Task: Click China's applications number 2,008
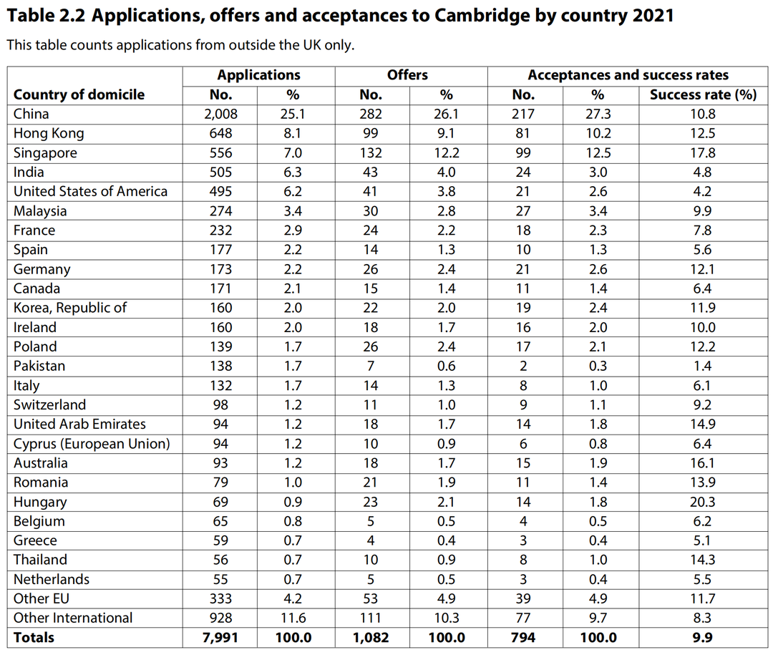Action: click(x=221, y=114)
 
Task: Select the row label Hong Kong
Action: click(x=49, y=133)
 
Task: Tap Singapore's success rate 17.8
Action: click(x=702, y=152)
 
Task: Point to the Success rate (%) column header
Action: click(x=703, y=94)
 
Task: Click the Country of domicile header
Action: click(x=79, y=94)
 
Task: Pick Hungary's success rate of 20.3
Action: click(x=702, y=502)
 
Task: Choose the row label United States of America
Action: click(x=90, y=191)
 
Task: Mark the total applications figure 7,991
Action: click(x=221, y=637)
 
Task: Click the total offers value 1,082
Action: click(x=371, y=637)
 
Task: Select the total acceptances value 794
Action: click(x=523, y=637)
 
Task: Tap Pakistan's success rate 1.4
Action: click(x=702, y=366)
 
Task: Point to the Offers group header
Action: click(x=407, y=75)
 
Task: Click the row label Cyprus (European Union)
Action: click(x=92, y=444)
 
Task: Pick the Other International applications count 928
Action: click(x=221, y=618)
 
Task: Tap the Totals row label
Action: click(x=34, y=637)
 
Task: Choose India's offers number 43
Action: click(x=371, y=172)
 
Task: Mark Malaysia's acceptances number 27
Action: click(x=523, y=210)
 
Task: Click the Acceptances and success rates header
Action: click(x=628, y=75)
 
